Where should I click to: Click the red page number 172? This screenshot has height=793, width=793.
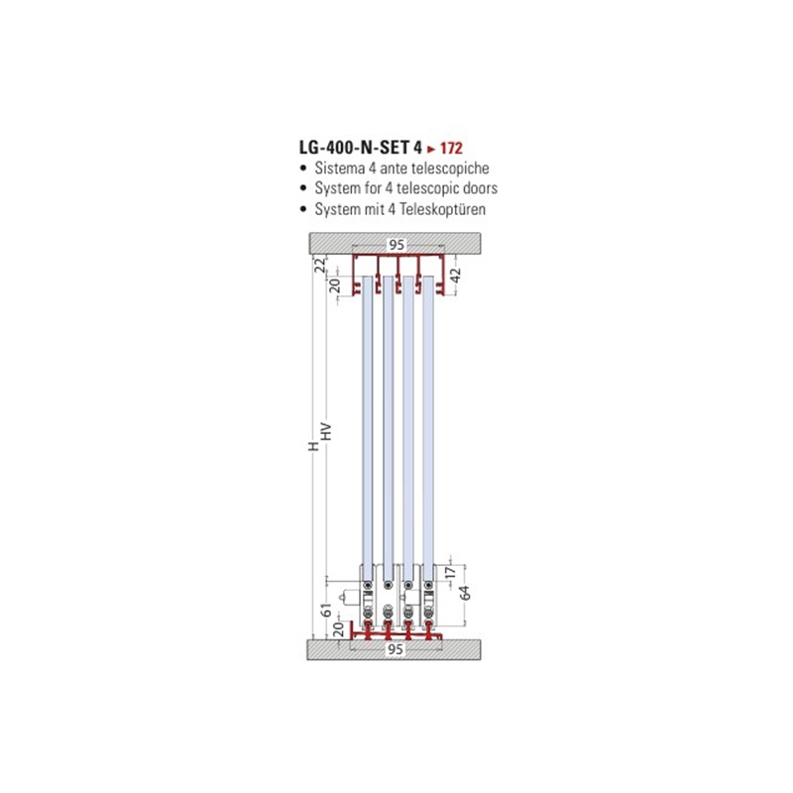pyautogui.click(x=451, y=148)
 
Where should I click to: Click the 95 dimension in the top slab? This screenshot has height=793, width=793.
pyautogui.click(x=396, y=245)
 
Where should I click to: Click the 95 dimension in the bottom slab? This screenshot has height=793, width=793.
pyautogui.click(x=396, y=649)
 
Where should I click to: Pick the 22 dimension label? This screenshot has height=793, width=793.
pyautogui.click(x=320, y=265)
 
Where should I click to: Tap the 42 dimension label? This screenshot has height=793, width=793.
pyautogui.click(x=456, y=276)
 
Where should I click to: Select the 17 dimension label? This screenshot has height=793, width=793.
pyautogui.click(x=451, y=572)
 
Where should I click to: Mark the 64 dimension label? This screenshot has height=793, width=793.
pyautogui.click(x=464, y=592)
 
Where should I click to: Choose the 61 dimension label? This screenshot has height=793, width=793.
pyautogui.click(x=327, y=610)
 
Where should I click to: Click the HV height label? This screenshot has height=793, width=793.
pyautogui.click(x=326, y=431)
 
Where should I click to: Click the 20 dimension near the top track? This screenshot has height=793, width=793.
pyautogui.click(x=335, y=285)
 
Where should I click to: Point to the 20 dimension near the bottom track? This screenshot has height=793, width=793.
pyautogui.click(x=339, y=629)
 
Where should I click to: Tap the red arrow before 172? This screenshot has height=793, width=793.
pyautogui.click(x=431, y=149)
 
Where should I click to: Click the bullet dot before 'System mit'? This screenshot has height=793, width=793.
pyautogui.click(x=303, y=209)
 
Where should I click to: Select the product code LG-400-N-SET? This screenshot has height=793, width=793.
pyautogui.click(x=355, y=147)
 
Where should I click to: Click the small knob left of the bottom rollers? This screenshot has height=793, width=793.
pyautogui.click(x=348, y=598)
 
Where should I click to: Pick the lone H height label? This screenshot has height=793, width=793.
pyautogui.click(x=314, y=446)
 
